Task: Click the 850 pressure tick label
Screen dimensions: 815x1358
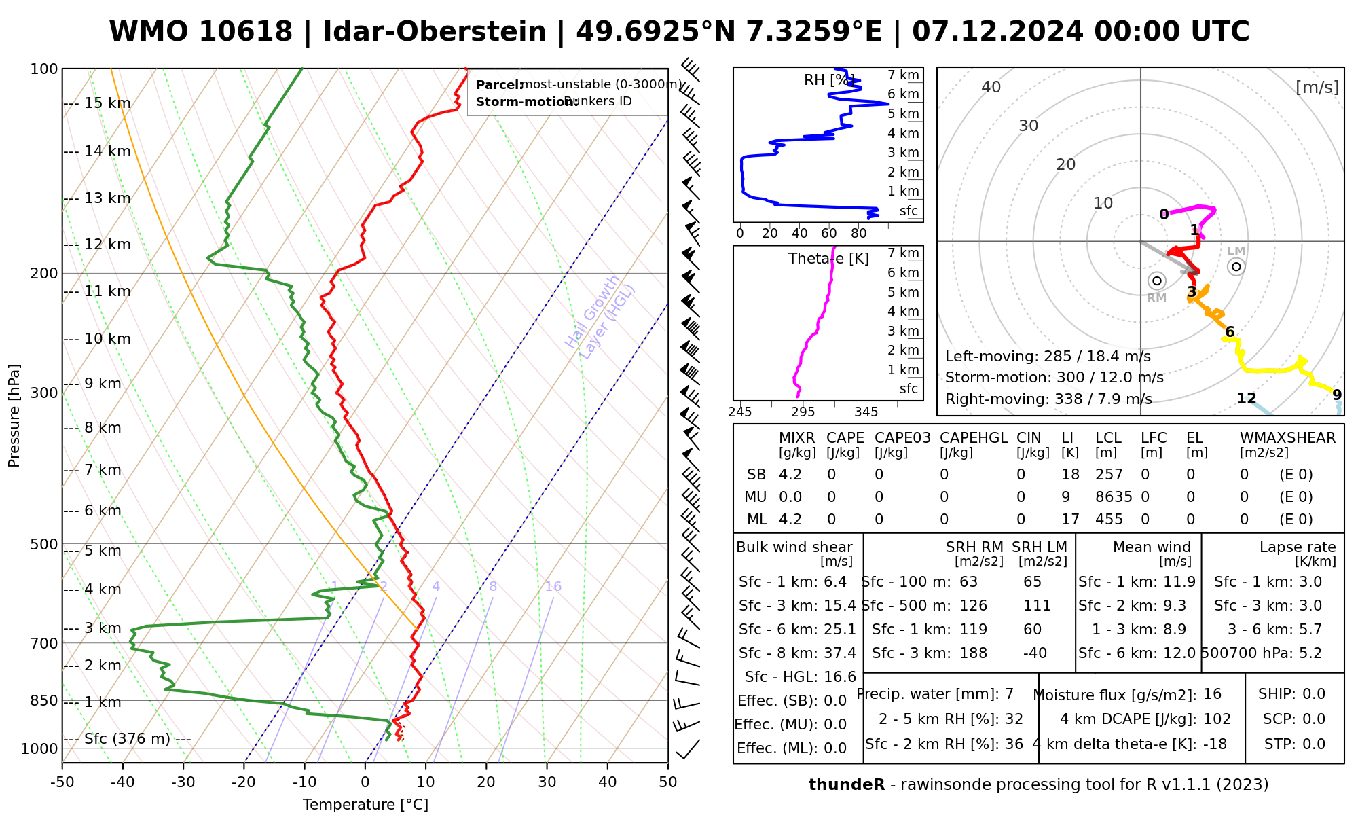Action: tap(45, 701)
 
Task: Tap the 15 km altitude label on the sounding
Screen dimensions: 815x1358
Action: tap(107, 103)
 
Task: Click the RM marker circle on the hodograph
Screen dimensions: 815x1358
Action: tap(1157, 281)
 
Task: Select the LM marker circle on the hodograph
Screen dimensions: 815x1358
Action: tap(1236, 266)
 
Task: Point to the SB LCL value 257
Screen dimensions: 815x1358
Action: tap(1109, 475)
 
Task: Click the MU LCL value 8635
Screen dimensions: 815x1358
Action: tap(1114, 497)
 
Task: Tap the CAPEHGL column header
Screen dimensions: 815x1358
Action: tap(974, 438)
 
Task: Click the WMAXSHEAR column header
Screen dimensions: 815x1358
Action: tap(1287, 438)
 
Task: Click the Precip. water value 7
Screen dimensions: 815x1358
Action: tap(1009, 694)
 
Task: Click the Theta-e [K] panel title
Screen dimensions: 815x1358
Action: tap(828, 259)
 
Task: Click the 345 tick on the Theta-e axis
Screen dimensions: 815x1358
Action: tap(866, 412)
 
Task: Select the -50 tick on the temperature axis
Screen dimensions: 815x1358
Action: tap(62, 782)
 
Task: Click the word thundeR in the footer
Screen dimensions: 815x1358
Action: tap(846, 785)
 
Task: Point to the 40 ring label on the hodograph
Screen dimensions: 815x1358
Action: tap(991, 87)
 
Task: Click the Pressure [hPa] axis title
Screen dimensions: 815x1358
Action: tap(14, 416)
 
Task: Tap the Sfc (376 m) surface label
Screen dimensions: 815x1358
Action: tap(127, 739)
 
